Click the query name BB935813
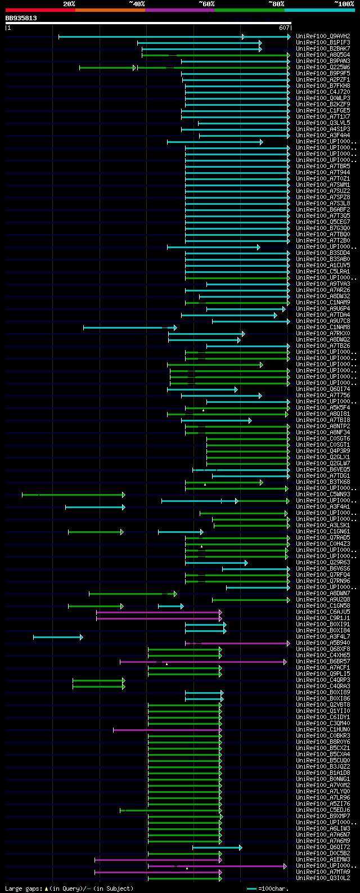tap(21, 18)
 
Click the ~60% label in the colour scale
tap(206, 4)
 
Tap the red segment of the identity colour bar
tap(40, 10)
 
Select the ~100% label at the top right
tap(343, 4)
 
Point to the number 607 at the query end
tap(283, 28)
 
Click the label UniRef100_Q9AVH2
tap(323, 37)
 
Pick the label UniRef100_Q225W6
tap(323, 68)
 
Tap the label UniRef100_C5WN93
tap(323, 495)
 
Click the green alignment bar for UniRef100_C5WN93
tap(73, 495)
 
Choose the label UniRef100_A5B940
tap(323, 643)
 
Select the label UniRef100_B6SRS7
tap(323, 662)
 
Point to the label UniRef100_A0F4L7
tap(323, 637)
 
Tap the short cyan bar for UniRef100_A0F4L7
tap(58, 637)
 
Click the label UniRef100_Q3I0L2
tap(323, 878)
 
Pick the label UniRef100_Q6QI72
tap(323, 847)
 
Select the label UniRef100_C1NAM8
tap(323, 327)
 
